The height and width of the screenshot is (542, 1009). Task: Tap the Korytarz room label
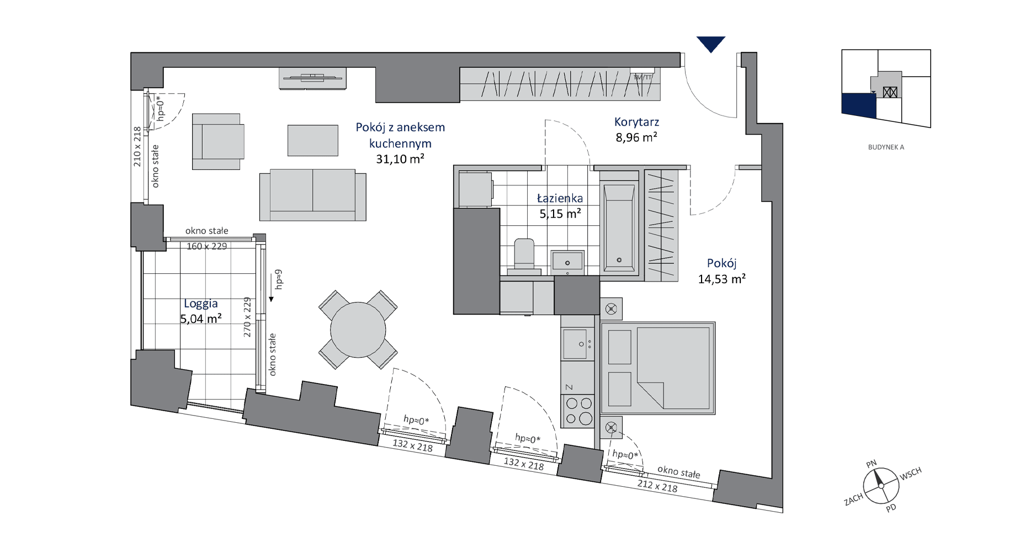[636, 122]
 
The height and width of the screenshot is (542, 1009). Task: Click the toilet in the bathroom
[524, 257]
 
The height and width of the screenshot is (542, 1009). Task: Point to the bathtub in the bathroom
[619, 227]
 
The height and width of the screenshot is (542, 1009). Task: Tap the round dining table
[358, 330]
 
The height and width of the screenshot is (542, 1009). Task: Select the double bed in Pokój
[658, 368]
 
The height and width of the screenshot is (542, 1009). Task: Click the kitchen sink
[577, 343]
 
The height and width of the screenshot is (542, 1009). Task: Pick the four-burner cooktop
[578, 411]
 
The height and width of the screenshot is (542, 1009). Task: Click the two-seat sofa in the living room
[313, 195]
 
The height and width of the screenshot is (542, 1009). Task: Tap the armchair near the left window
[218, 142]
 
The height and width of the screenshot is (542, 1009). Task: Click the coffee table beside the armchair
[313, 140]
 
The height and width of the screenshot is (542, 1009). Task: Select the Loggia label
[201, 304]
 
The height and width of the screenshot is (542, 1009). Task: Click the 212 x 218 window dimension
[657, 486]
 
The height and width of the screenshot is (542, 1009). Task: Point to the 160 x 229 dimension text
[206, 246]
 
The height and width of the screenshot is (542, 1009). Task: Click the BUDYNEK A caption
[886, 147]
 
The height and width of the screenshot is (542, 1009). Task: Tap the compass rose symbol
[881, 486]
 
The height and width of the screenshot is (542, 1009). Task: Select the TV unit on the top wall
[312, 78]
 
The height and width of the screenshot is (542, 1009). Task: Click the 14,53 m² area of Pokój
[722, 279]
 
